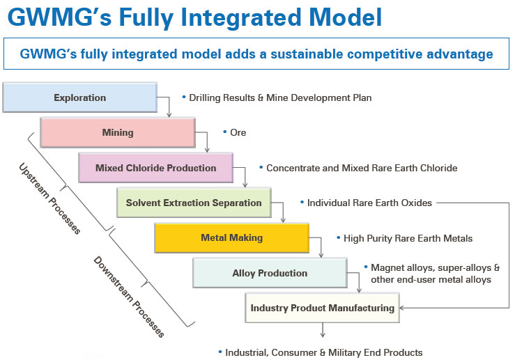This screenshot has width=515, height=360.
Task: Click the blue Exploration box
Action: click(80, 97)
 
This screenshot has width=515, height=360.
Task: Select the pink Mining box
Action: click(118, 132)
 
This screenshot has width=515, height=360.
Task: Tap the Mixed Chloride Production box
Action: click(155, 168)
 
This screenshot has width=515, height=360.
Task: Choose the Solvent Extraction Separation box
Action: click(194, 203)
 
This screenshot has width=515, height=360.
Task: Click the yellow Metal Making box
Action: click(231, 238)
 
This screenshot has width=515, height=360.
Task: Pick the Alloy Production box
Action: click(270, 273)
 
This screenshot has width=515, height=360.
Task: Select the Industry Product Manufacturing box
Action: click(322, 308)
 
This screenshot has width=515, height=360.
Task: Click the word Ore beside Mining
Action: click(238, 132)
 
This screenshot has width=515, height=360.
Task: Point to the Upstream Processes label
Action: click(49, 198)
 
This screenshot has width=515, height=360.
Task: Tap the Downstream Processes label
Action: click(129, 297)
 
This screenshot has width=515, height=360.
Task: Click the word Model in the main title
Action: click(346, 17)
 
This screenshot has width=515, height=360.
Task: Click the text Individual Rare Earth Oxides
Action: click(369, 203)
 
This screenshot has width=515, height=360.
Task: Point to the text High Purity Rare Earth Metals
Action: click(408, 238)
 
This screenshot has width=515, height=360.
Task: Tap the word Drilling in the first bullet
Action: click(206, 97)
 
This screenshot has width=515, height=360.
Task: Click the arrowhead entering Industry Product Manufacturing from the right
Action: click(401, 308)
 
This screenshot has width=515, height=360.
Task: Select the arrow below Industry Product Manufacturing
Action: click(323, 330)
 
